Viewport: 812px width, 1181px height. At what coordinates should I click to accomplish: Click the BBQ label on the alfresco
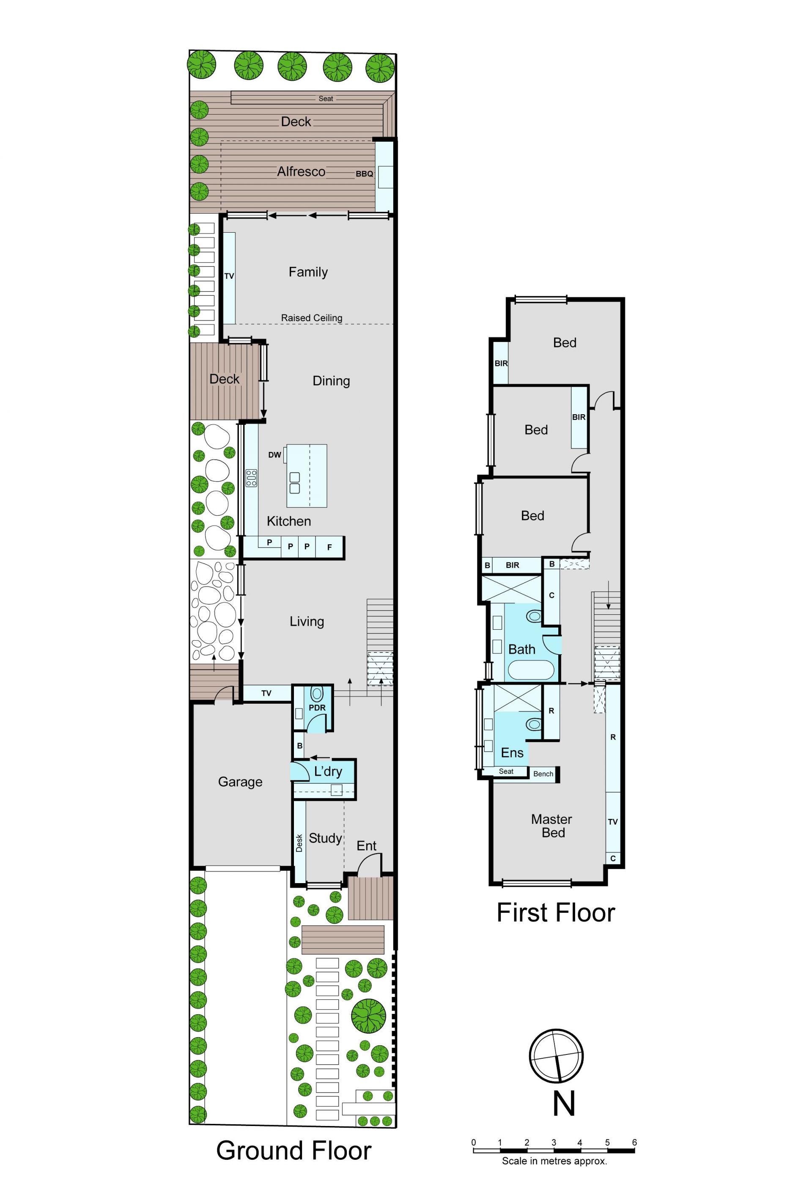364,173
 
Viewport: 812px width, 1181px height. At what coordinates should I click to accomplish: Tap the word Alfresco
301,171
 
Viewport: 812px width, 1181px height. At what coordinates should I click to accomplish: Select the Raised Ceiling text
311,318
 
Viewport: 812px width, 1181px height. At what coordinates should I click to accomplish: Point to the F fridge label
330,547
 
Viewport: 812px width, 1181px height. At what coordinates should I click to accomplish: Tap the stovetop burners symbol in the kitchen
251,478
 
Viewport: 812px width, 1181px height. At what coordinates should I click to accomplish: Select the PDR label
317,707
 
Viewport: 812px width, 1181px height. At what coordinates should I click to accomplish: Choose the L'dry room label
328,771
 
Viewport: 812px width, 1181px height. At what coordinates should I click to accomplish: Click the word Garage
240,782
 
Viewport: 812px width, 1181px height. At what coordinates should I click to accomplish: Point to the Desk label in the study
299,842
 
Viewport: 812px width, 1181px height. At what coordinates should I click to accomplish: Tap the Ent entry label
366,845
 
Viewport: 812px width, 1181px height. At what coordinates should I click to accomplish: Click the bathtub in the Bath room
531,670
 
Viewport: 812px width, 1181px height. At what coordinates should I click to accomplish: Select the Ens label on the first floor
512,752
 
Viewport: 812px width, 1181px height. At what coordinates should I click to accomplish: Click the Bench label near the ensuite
543,774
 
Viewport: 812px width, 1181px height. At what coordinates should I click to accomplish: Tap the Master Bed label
552,826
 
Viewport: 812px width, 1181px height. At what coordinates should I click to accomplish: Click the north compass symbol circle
556,1056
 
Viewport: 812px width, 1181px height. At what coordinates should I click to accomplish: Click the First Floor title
556,913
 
